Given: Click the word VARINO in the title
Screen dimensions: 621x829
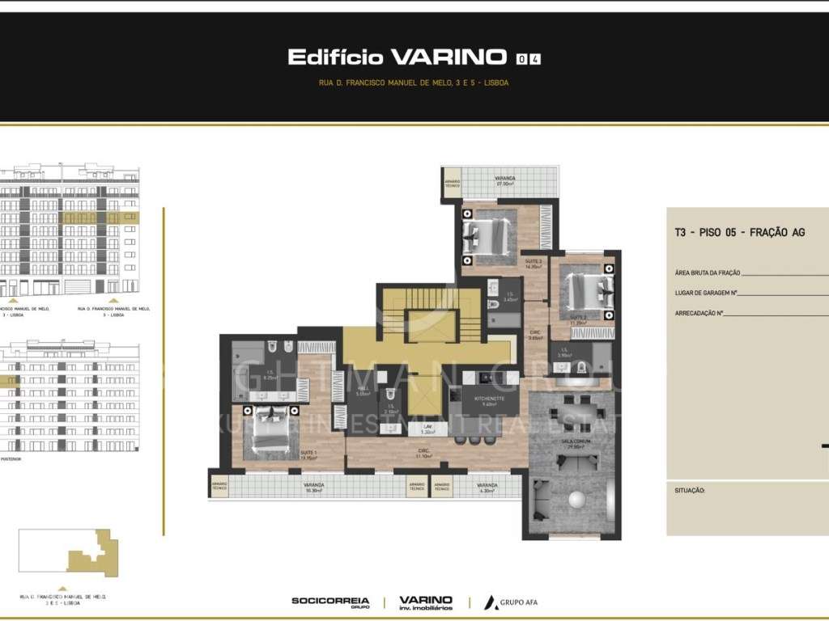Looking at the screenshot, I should pyautogui.click(x=449, y=57).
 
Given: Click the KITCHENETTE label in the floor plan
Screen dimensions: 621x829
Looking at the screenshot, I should pyautogui.click(x=490, y=399).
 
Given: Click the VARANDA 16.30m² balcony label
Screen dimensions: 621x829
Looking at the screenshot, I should pyautogui.click(x=315, y=488).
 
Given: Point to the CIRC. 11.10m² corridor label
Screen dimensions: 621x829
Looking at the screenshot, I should pyautogui.click(x=423, y=454).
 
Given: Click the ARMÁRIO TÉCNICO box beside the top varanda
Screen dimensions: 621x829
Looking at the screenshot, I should pyautogui.click(x=451, y=183).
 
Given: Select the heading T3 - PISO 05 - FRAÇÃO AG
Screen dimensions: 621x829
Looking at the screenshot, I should pyautogui.click(x=739, y=232).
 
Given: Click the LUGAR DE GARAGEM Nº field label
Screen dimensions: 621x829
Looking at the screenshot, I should pyautogui.click(x=706, y=293).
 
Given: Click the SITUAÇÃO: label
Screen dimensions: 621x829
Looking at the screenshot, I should pyautogui.click(x=690, y=490).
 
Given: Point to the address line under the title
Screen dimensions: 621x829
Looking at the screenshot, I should pyautogui.click(x=413, y=82).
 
